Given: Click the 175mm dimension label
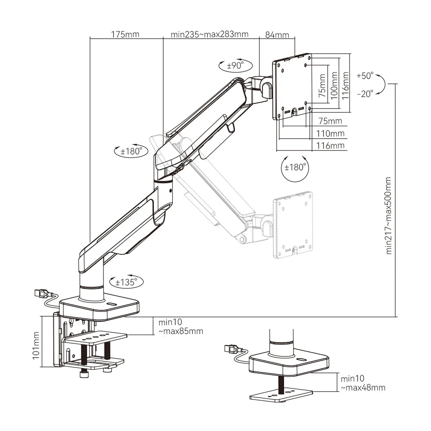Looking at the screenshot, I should [x=125, y=34].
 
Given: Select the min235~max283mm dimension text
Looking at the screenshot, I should [x=209, y=34].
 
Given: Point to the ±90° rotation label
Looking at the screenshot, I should [x=235, y=66].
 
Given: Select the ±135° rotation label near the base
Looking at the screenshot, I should [x=126, y=282].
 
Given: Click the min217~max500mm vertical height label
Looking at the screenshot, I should [x=389, y=215].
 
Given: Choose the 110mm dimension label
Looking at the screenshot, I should [x=331, y=133].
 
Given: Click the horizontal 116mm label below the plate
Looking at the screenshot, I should [x=331, y=146].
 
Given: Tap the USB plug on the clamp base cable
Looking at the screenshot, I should [x=41, y=294].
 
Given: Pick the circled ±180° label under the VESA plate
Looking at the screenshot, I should [x=295, y=167].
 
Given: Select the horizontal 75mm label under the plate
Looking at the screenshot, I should [x=330, y=121].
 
